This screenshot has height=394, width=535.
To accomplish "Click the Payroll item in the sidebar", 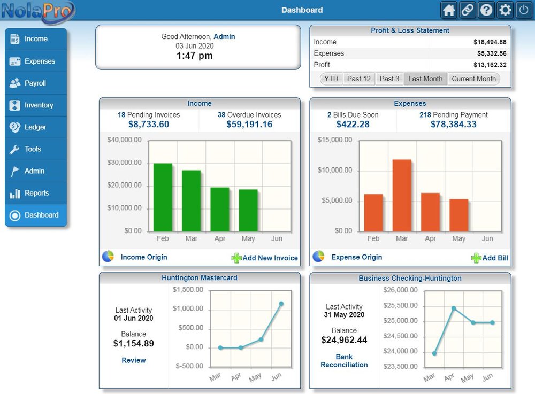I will tap(35, 83).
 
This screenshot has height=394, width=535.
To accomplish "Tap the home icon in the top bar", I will tap(449, 10).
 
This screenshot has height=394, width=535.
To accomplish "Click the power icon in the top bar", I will tap(523, 10).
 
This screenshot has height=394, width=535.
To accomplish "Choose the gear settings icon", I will tap(505, 10).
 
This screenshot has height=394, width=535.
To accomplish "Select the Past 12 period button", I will tap(358, 79).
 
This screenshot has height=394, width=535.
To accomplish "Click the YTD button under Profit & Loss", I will tap(331, 79).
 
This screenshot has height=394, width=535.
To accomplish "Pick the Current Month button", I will tap(473, 79).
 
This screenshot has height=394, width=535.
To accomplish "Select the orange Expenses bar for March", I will tap(402, 195).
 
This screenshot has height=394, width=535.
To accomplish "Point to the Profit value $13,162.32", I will tap(490, 65).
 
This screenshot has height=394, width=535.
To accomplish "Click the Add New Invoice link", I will tap(270, 258).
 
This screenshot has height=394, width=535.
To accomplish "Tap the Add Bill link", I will tap(495, 258).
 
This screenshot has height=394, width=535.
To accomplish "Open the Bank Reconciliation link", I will tap(344, 361).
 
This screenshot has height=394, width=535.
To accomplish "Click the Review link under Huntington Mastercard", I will tap(133, 360).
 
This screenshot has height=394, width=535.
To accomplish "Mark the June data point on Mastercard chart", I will tap(281, 304).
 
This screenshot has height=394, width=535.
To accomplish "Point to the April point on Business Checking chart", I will tap(454, 308).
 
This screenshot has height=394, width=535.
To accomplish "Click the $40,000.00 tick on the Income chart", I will tap(124, 140).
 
